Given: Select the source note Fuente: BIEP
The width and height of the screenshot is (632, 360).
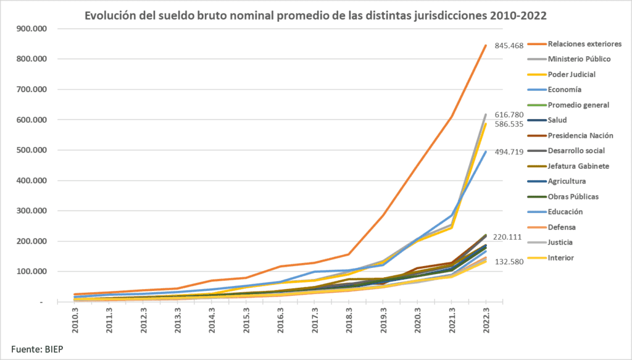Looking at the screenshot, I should pos(37,350).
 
